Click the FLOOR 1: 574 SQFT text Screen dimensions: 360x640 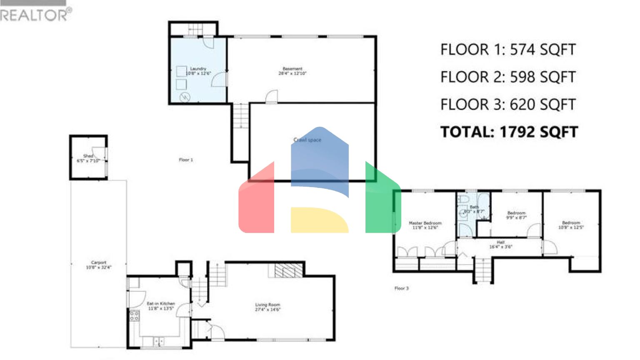508,50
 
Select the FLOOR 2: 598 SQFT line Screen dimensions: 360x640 508,77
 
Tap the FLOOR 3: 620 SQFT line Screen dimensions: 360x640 508,105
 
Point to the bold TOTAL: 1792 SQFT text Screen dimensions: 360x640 509,132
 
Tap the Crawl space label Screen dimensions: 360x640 307,140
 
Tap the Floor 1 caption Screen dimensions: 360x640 186,160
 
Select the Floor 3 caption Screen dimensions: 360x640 402,288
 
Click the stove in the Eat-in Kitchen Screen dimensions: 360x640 134,316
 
